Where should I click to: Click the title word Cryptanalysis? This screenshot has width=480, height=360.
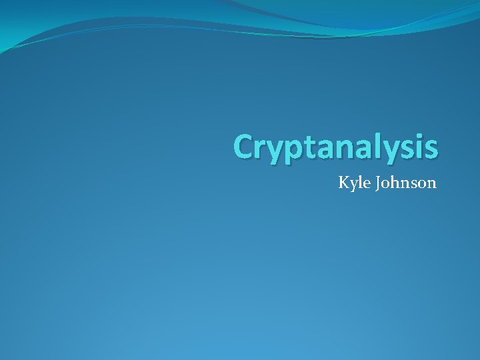[336, 147]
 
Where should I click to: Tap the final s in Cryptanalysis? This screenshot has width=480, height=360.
[431, 148]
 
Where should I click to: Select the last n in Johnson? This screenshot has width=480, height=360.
[431, 183]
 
